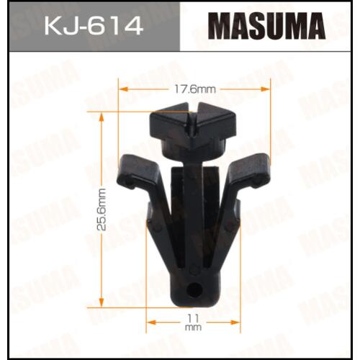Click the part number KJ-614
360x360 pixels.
tap(94, 27)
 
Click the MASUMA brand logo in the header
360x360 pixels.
tap(266, 26)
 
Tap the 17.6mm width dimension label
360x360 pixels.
tap(194, 89)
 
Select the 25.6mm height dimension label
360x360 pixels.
tap(102, 210)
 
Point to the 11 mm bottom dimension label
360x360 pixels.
tap(194, 323)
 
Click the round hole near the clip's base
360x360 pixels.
tap(194, 290)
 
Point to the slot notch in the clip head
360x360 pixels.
tap(193, 120)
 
